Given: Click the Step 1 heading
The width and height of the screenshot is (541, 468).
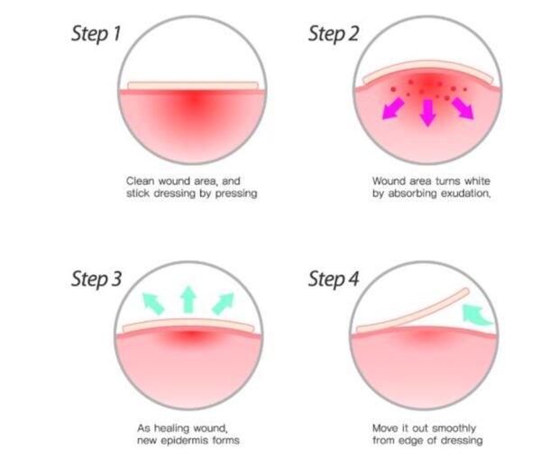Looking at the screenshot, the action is click(96, 35).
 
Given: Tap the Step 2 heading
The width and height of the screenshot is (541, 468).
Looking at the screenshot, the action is click(334, 35).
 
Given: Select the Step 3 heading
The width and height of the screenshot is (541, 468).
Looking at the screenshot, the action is click(96, 280).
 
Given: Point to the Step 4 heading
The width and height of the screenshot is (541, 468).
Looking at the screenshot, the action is click(334, 280).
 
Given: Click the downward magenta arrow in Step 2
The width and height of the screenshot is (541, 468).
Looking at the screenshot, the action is click(427, 113).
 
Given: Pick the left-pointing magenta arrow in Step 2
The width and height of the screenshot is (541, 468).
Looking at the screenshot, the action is click(393, 108).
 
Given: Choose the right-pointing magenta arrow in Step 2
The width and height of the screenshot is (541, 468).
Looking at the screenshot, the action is click(463, 108).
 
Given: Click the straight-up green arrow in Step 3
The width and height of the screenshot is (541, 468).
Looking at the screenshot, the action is click(188, 299).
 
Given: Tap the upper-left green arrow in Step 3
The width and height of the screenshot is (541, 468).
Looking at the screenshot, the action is click(153, 304).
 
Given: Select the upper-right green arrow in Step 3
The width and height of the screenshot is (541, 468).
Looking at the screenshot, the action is click(223, 304).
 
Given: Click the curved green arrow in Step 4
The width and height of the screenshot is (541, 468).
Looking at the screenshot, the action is click(475, 315).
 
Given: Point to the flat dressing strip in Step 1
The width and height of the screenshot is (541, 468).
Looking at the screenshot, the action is click(193, 86).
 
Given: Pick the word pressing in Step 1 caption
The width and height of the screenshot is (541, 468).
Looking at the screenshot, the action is click(236, 194).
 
